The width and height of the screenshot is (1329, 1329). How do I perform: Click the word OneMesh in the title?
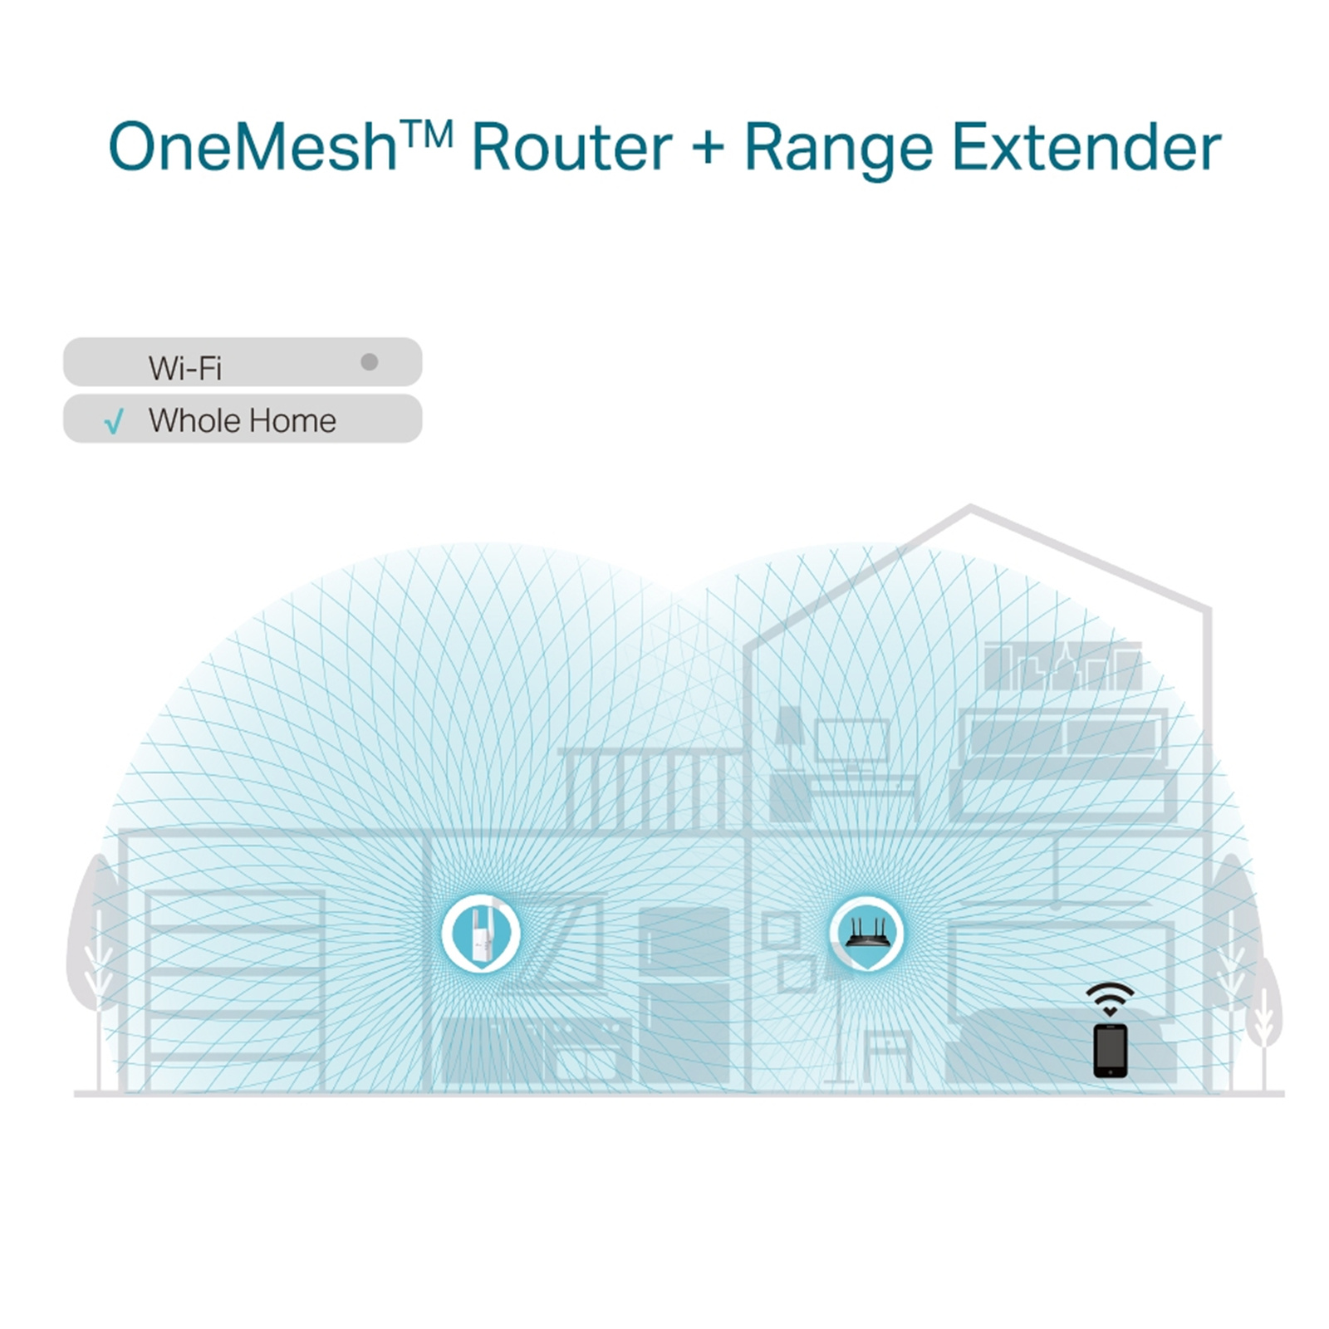click(x=253, y=148)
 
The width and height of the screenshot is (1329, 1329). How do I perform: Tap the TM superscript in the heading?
click(x=425, y=132)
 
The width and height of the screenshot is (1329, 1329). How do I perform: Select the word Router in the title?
click(x=571, y=148)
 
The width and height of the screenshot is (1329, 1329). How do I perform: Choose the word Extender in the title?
click(x=1086, y=148)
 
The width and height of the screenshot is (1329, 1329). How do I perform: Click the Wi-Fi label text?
click(x=185, y=368)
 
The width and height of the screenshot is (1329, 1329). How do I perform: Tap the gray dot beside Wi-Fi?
click(x=370, y=362)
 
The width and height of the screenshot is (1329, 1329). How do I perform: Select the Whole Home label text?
click(x=243, y=421)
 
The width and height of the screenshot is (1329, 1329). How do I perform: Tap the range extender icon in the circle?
click(x=481, y=934)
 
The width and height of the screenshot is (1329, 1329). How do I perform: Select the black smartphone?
click(x=1111, y=1051)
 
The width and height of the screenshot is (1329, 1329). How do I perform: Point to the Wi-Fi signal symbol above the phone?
click(x=1110, y=999)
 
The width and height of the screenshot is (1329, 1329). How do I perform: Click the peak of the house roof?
click(x=970, y=505)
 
